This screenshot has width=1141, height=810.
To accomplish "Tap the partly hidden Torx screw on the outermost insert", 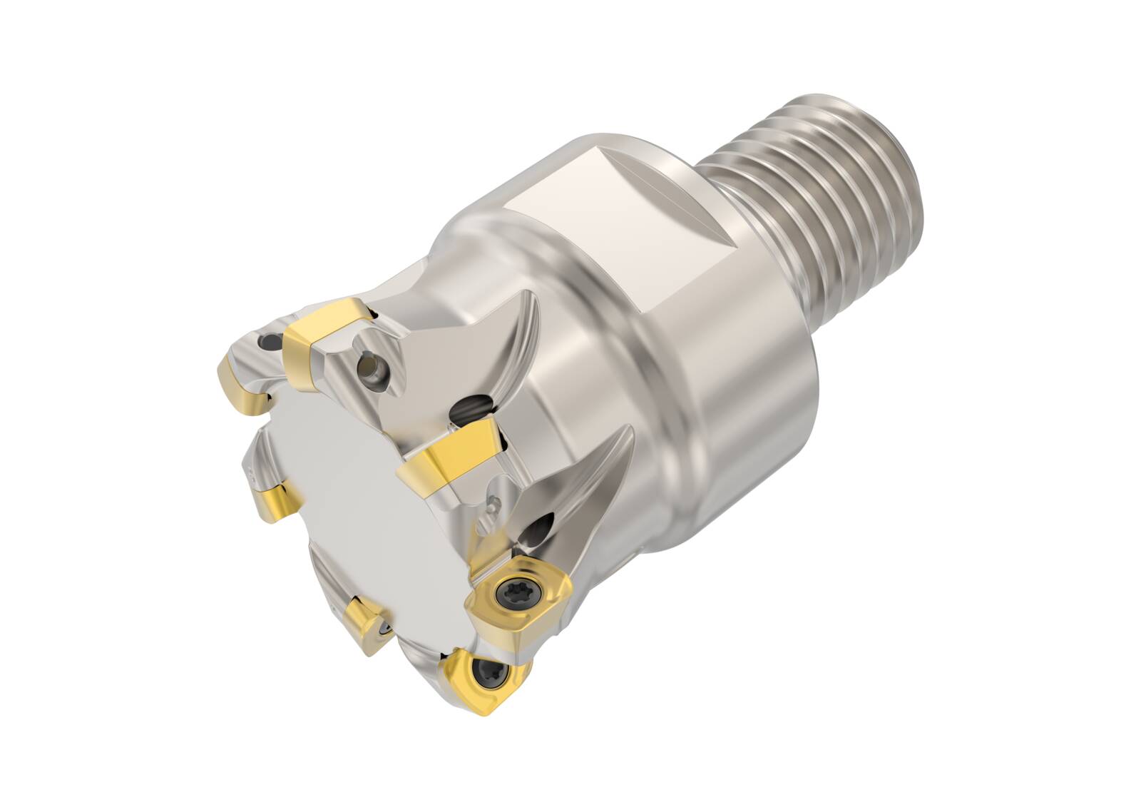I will pyautogui.click(x=492, y=672).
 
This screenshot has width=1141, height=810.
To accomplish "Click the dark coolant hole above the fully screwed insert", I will pyautogui.click(x=536, y=531).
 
